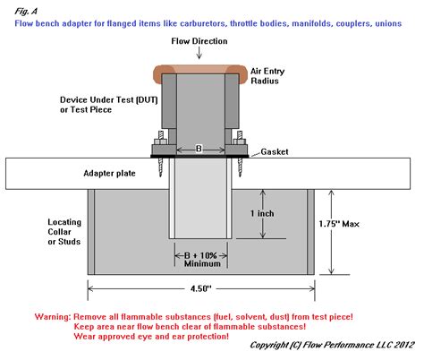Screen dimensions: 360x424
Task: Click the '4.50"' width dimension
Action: pos(202,288)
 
